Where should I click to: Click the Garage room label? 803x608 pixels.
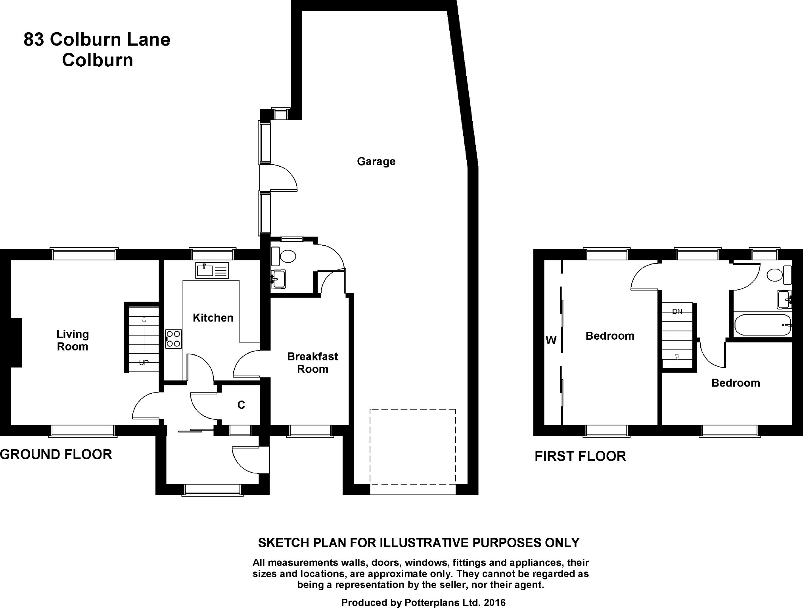(376, 162)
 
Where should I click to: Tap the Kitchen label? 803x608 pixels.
(213, 318)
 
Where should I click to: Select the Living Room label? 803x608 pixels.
(73, 341)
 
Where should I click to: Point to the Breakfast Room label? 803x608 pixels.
(312, 363)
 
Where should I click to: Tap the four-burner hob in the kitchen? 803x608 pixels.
(174, 339)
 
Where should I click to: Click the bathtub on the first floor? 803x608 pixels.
(763, 325)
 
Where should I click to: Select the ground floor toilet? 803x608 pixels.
(284, 256)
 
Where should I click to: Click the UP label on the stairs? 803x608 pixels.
(144, 363)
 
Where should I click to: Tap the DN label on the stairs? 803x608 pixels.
(677, 312)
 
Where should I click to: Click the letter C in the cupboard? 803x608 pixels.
(241, 405)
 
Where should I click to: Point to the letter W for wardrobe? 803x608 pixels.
(551, 340)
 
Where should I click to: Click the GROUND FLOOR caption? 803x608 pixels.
(56, 454)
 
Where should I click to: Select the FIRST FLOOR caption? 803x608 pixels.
(580, 456)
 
